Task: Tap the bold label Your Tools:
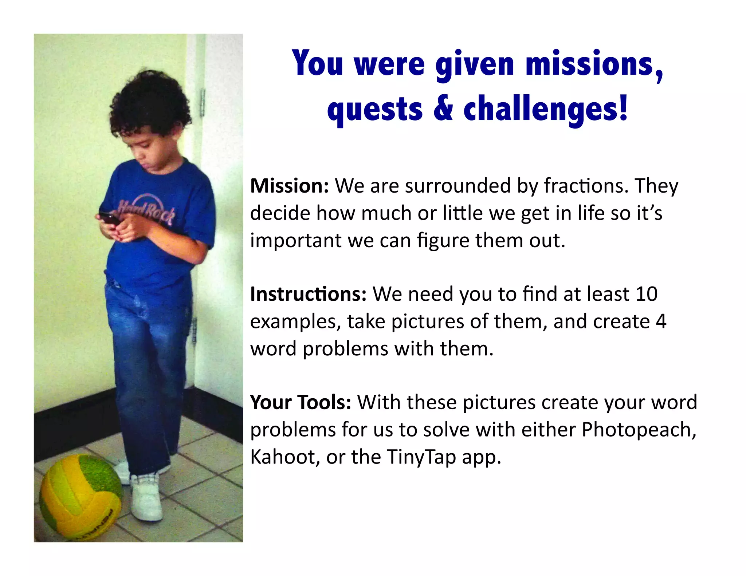click(301, 402)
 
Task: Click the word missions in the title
click(594, 65)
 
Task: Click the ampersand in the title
click(443, 109)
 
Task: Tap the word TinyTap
click(421, 458)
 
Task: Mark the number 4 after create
click(661, 321)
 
